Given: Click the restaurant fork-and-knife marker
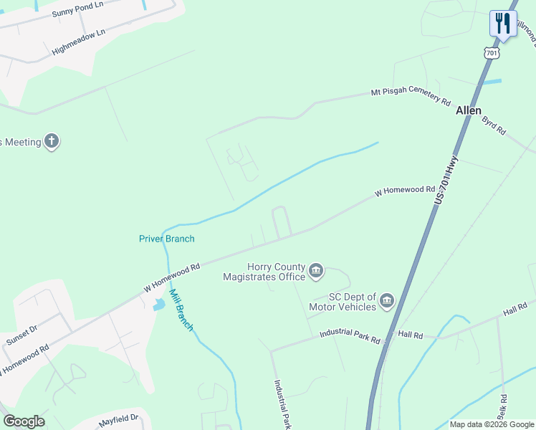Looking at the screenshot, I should tap(503, 24).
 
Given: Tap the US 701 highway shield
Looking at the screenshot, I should tap(491, 53).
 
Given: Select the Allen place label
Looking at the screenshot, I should tap(469, 111).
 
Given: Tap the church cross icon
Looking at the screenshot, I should tap(52, 141).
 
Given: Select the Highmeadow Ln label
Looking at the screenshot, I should tap(79, 43).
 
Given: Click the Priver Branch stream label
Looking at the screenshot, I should tap(166, 239).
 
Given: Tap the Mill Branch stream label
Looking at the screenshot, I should tap(181, 309).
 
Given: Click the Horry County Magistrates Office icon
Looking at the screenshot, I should tap(316, 271).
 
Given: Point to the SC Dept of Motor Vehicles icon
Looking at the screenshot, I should tap(387, 300).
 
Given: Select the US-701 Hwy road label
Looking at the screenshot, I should tap(444, 183).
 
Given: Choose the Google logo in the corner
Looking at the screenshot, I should tap(24, 421).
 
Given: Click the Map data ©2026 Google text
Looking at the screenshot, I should tap(492, 424).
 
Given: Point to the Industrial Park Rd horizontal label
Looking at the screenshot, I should tap(350, 335).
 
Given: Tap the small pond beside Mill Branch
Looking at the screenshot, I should tap(159, 305).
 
